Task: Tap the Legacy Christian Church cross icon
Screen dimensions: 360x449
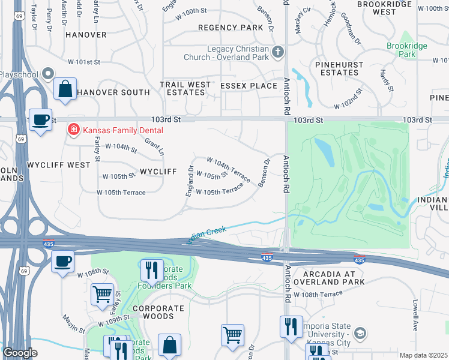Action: (277, 53)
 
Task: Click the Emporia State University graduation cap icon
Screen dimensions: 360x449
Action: (360, 334)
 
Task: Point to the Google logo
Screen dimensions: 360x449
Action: (20, 353)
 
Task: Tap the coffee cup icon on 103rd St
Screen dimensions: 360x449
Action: (40, 119)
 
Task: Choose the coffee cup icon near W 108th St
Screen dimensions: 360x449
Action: (62, 261)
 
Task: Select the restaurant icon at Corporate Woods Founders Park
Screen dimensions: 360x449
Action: (151, 269)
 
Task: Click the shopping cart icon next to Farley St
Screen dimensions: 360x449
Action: (102, 294)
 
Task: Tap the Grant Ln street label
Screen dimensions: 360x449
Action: (154, 146)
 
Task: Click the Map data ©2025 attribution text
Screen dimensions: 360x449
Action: (423, 355)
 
